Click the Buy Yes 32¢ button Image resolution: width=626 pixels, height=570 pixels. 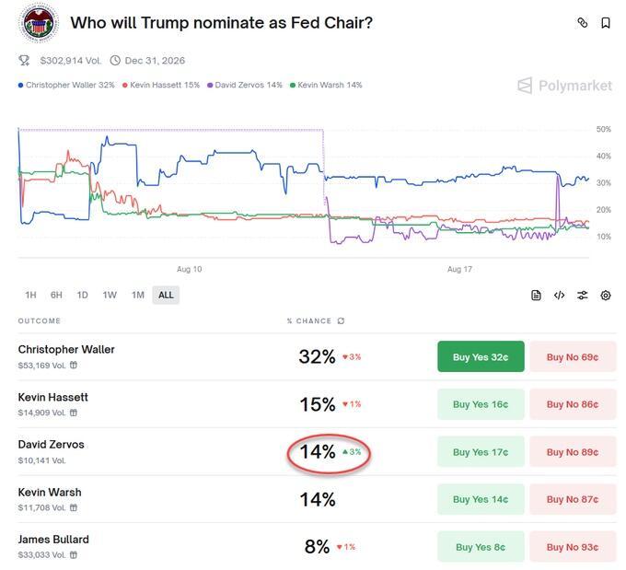(481, 357)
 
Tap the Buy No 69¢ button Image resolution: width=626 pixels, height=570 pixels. (572, 357)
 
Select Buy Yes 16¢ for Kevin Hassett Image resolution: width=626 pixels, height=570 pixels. (481, 404)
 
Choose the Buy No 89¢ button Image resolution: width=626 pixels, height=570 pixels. (572, 452)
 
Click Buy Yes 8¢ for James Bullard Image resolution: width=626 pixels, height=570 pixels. (481, 547)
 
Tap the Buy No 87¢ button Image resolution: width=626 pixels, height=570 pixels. (572, 499)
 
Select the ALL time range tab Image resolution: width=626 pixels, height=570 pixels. (166, 296)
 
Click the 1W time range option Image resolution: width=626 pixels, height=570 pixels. (110, 296)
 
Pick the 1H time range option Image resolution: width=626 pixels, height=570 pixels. (30, 296)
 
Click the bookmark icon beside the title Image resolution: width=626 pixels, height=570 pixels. (606, 23)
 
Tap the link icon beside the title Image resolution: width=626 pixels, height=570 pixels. (582, 23)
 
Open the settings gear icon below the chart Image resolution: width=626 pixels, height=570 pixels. (606, 296)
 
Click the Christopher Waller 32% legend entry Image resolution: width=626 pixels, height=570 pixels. (67, 85)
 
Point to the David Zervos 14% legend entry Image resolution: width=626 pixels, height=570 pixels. (246, 85)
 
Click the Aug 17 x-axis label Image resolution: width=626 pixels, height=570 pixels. (459, 269)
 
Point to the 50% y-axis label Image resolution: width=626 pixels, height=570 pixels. (604, 130)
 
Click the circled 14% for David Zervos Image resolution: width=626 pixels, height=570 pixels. (318, 452)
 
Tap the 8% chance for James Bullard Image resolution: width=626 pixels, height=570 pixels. (317, 547)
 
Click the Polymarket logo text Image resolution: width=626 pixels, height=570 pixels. (574, 86)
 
